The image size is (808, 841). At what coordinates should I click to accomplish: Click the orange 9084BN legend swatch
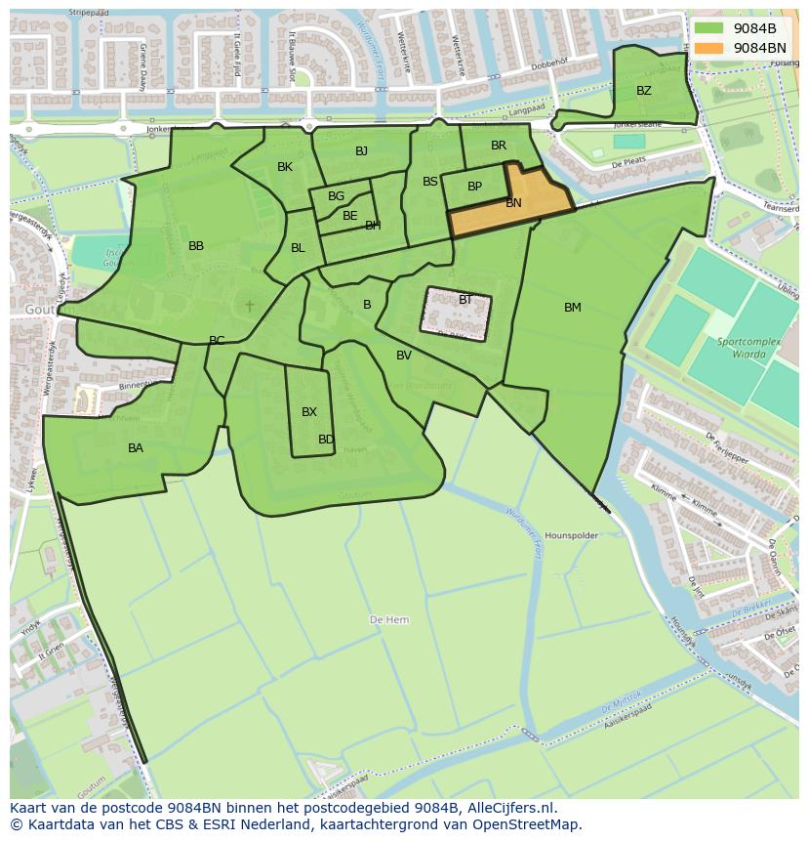pyautogui.click(x=708, y=48)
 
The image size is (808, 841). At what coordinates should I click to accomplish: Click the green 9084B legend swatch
pyautogui.click(x=708, y=28)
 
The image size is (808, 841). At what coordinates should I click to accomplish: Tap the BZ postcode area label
pyautogui.click(x=644, y=91)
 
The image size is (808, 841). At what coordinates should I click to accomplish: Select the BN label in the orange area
pyautogui.click(x=513, y=203)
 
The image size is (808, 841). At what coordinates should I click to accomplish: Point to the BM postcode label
pyautogui.click(x=573, y=308)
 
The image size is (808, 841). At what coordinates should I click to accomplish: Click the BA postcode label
pyautogui.click(x=136, y=448)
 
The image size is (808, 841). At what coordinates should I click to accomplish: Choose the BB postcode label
pyautogui.click(x=196, y=246)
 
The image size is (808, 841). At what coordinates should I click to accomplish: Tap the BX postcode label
pyautogui.click(x=309, y=412)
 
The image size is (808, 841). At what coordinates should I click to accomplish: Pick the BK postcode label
pyautogui.click(x=285, y=167)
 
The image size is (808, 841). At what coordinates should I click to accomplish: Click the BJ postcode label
pyautogui.click(x=362, y=150)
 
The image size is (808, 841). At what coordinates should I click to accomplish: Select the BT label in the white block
pyautogui.click(x=465, y=300)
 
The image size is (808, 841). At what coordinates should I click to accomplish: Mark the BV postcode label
pyautogui.click(x=404, y=356)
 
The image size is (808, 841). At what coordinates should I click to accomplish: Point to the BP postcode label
pyautogui.click(x=474, y=187)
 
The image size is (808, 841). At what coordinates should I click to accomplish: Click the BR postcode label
pyautogui.click(x=499, y=146)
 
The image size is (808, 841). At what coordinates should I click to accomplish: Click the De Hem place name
pyautogui.click(x=389, y=620)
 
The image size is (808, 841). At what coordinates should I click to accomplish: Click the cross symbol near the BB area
pyautogui.click(x=250, y=306)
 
